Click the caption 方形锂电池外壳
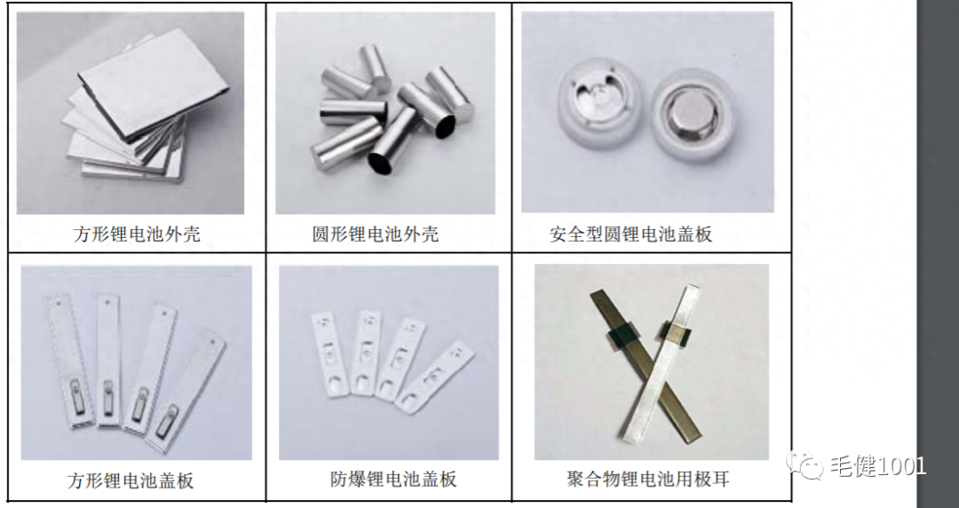(x=137, y=234)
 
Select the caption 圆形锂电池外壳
(x=376, y=234)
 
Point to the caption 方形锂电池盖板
(x=131, y=480)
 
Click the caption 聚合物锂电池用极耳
(x=648, y=480)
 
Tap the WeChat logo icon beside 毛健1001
(x=810, y=466)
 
